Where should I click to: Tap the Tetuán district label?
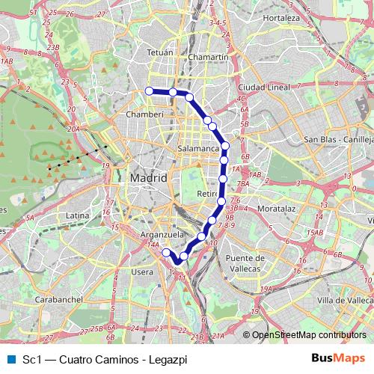(159, 53)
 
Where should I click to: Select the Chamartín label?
(209, 57)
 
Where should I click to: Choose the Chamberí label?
(145, 115)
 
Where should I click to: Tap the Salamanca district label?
(198, 150)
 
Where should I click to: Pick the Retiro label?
(206, 194)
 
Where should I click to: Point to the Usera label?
(142, 272)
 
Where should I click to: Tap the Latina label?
(78, 215)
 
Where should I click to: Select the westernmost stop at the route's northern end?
(149, 91)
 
